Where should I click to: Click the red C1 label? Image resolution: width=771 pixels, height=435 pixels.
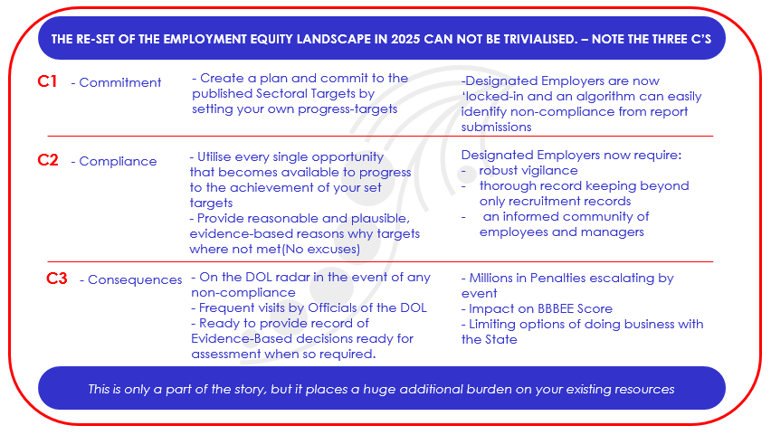(47, 81)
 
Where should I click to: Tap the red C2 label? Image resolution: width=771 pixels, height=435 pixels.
(48, 160)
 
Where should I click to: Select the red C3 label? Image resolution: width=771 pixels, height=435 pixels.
(56, 279)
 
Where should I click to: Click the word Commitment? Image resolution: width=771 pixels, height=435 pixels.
(120, 82)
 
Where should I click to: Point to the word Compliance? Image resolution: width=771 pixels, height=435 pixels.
(118, 161)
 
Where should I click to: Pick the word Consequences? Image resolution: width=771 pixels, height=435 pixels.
(135, 279)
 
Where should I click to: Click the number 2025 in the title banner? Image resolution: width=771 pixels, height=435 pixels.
(405, 39)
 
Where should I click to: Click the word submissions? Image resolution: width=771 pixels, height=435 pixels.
(496, 127)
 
